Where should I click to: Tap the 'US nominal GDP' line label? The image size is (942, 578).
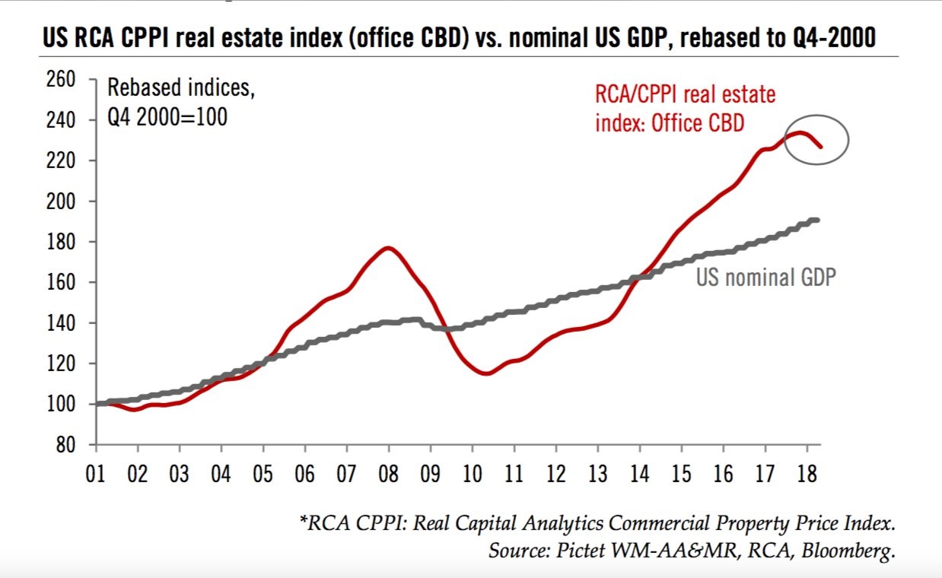coord(765,277)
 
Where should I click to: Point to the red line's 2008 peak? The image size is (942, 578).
coord(387,247)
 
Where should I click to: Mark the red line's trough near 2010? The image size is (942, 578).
coord(487,373)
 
